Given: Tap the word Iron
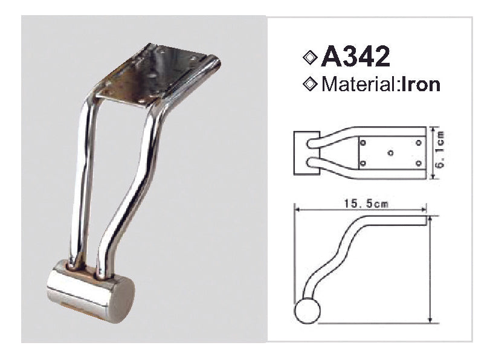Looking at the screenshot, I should [x=419, y=84].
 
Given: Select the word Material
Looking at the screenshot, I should [x=357, y=84].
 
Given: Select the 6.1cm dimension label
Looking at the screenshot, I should [x=440, y=153].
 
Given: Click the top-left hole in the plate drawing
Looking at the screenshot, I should [x=362, y=143].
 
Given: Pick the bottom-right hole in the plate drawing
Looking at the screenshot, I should [x=418, y=164].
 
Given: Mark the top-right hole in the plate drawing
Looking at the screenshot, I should [x=418, y=143].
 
